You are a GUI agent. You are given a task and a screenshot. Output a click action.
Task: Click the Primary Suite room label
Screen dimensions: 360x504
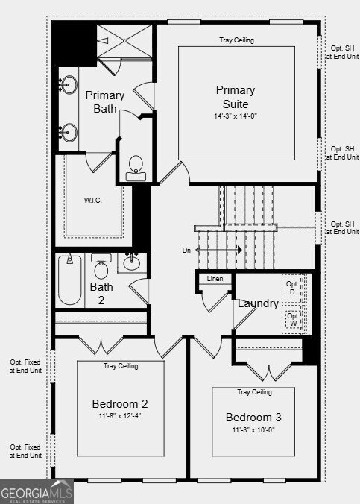point(236,97)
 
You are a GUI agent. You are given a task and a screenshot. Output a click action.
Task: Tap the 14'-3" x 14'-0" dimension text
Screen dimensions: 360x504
point(236,116)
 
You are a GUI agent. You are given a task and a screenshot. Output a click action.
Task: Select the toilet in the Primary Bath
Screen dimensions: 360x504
point(136,168)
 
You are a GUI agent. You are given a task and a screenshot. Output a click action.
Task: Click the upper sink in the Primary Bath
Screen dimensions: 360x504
point(69,85)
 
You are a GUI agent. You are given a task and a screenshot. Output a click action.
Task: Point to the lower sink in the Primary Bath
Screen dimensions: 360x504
point(69,132)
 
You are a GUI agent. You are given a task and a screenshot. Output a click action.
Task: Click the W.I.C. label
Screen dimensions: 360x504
point(93,201)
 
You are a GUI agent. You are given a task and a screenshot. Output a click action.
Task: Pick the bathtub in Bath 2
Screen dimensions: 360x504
point(70,280)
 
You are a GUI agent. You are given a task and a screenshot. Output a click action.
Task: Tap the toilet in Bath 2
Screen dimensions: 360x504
point(101,266)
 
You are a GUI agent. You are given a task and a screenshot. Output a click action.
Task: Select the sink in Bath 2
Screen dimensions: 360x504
point(132,262)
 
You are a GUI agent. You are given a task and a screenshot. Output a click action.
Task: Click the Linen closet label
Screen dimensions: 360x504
point(215,279)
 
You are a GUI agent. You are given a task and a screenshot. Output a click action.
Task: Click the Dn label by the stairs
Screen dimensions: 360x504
point(186,250)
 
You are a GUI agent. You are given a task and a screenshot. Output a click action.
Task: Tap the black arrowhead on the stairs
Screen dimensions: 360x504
point(239,250)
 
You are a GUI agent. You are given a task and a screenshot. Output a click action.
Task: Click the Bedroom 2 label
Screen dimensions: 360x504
point(120,403)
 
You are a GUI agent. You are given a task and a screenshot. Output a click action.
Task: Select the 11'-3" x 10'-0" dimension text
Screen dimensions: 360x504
point(253,429)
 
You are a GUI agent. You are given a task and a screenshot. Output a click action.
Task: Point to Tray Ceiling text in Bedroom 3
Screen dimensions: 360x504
point(255,392)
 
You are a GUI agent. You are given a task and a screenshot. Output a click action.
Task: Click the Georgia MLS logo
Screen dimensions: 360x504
point(37,492)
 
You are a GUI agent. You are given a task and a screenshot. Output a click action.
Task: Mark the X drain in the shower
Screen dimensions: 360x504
point(125,41)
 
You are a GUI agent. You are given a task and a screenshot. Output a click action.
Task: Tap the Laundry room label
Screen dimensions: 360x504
point(258,303)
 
